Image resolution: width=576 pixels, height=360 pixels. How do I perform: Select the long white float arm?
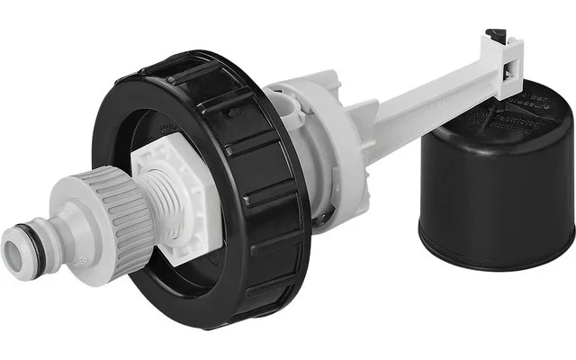423,108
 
